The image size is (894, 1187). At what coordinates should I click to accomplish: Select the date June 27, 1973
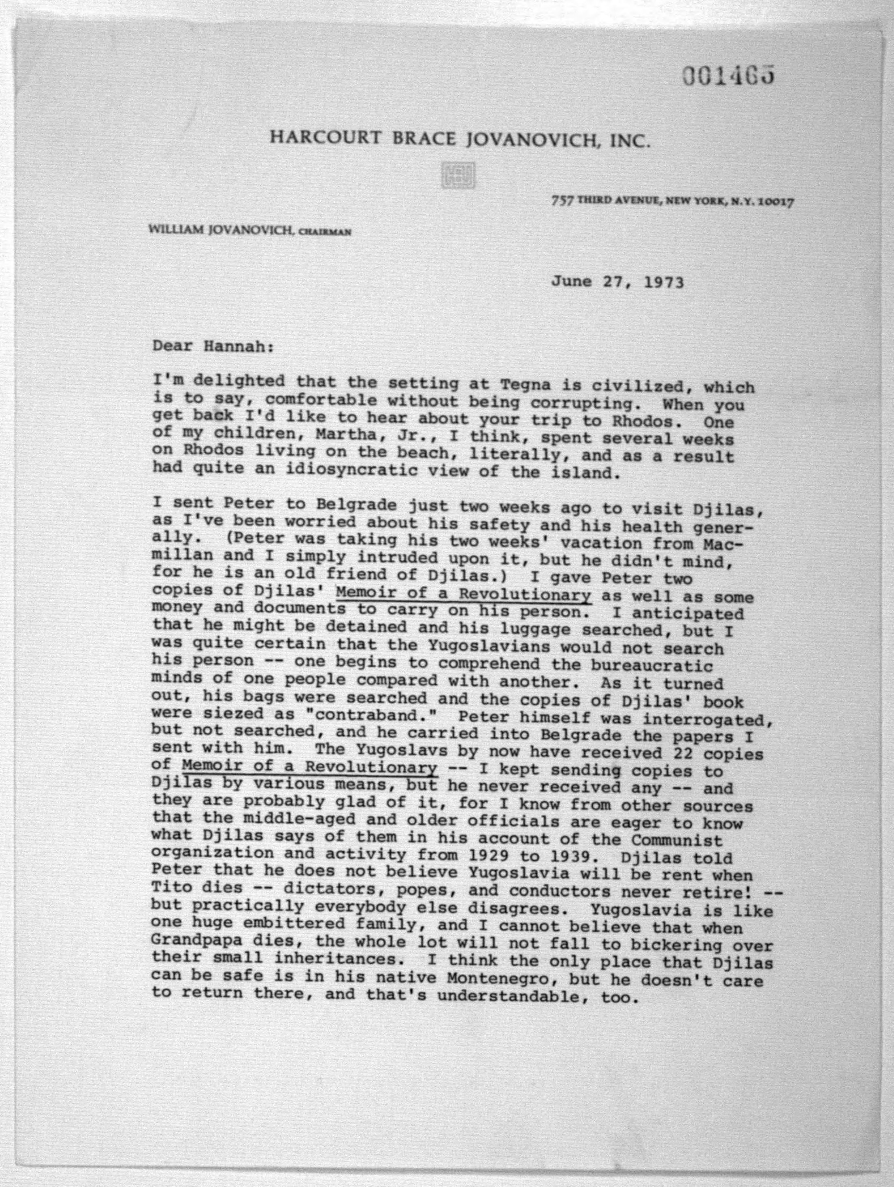(617, 282)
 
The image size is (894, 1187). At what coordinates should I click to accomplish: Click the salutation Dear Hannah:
(213, 346)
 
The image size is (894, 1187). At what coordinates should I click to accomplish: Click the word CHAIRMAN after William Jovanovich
(325, 232)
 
